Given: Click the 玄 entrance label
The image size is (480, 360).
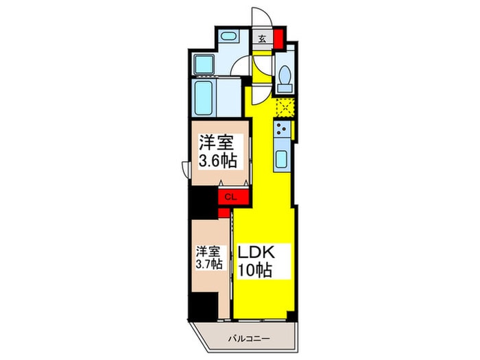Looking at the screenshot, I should pyautogui.click(x=263, y=38).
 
